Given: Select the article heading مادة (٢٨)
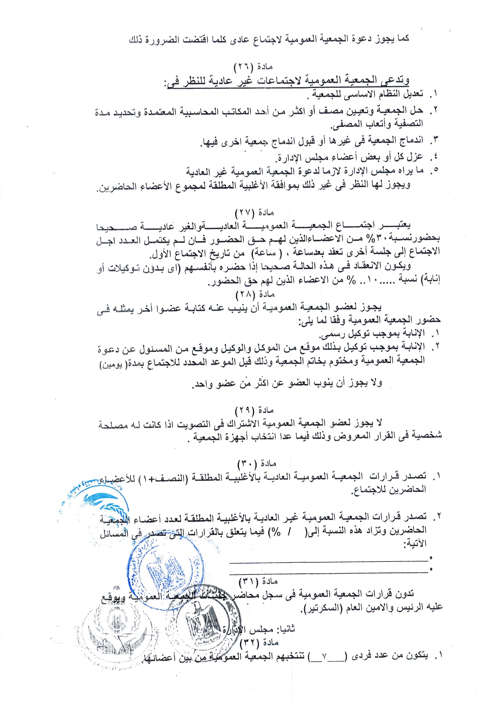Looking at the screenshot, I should point(255,294).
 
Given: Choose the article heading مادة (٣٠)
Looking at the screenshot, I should point(257,463).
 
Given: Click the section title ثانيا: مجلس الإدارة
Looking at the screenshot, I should point(259,629).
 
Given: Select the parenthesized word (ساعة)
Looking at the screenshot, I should point(264,253).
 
